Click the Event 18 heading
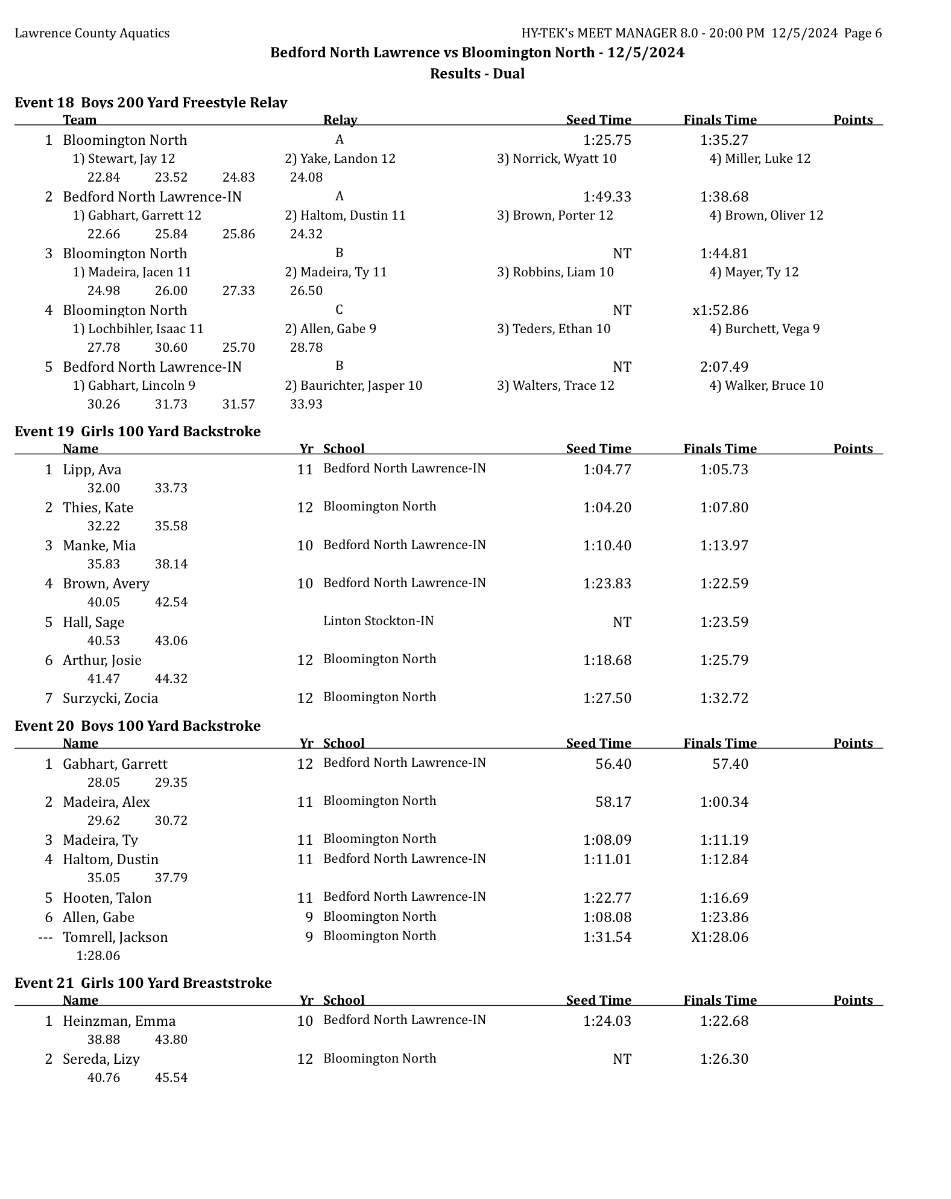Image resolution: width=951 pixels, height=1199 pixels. (150, 103)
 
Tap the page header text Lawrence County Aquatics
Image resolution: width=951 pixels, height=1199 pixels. (92, 33)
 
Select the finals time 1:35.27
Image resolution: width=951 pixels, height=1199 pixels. (724, 140)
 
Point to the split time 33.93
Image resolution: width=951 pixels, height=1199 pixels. (306, 404)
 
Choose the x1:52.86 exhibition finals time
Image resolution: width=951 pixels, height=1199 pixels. (720, 310)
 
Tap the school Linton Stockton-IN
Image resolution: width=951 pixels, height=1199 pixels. (378, 621)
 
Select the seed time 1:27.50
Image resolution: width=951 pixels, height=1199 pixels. (607, 698)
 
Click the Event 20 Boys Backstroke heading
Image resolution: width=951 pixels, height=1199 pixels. (137, 725)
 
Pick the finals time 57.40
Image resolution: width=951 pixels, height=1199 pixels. (730, 764)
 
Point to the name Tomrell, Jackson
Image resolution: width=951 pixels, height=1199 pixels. (115, 937)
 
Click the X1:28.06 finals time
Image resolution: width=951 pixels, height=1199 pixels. (719, 937)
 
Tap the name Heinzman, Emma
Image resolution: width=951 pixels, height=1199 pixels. (119, 1021)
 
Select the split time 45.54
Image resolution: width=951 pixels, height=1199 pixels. (171, 1078)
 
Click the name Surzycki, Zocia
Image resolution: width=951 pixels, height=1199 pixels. (110, 698)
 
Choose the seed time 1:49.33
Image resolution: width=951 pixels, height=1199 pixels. (607, 197)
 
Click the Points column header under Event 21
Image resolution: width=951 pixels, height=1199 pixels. (853, 1000)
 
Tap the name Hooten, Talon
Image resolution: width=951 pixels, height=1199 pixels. (107, 898)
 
